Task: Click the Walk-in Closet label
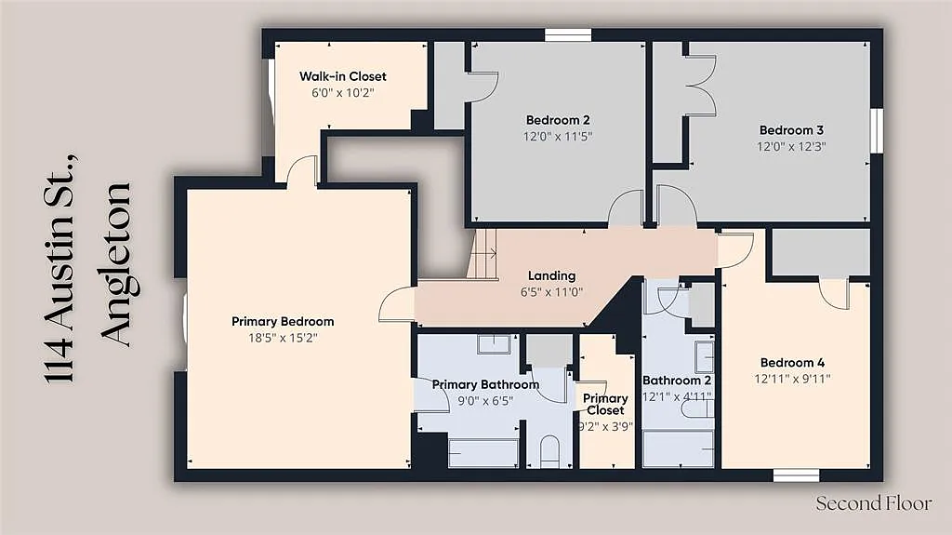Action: click(342, 76)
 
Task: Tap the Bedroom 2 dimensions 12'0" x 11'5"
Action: click(558, 136)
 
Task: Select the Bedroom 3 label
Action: click(791, 130)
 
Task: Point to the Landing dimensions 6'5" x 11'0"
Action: click(551, 292)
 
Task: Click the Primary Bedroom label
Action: click(283, 321)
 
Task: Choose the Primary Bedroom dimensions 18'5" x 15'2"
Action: click(283, 338)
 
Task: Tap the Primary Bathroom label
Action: click(485, 384)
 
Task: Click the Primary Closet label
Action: click(605, 404)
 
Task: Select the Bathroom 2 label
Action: click(677, 381)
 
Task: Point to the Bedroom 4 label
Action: click(792, 363)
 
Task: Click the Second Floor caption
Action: click(874, 503)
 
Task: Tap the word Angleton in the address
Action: click(115, 264)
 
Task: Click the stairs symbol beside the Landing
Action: click(483, 254)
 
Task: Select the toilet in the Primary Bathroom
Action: click(549, 451)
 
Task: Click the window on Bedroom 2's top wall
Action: click(568, 35)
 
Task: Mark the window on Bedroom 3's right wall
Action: click(876, 130)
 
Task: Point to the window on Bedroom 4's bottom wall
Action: click(797, 475)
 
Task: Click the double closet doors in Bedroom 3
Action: click(701, 86)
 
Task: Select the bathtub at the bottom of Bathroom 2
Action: click(678, 448)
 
